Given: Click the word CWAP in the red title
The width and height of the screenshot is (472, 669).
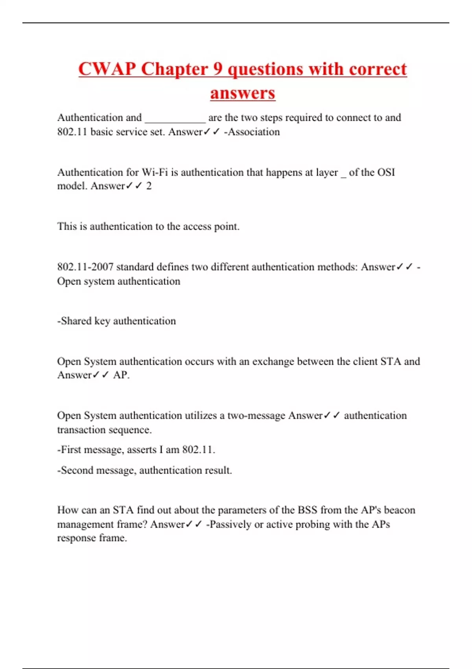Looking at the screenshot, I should pos(107,69).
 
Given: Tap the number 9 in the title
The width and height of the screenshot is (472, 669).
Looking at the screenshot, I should pos(218,69).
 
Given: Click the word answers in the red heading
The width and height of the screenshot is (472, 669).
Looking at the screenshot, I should pos(243,93).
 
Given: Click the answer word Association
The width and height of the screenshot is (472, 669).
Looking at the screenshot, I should pos(254,132).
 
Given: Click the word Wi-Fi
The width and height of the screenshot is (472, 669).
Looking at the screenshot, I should pos(155,172).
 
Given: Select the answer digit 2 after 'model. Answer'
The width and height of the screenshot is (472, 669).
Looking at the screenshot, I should pos(149,186).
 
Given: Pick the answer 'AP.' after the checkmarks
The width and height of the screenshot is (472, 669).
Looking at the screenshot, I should pos(121,375).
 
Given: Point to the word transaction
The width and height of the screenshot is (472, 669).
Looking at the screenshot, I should pos(81,430).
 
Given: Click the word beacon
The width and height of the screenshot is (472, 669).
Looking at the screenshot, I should pos(399,510).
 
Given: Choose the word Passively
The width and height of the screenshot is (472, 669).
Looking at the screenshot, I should pos(230,525).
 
